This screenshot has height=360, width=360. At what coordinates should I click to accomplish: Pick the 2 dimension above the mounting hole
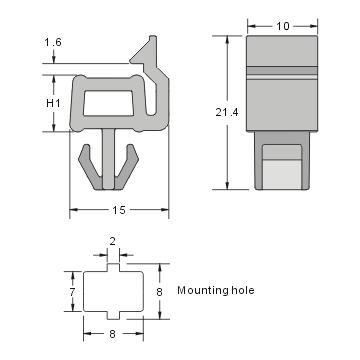(x=112, y=241)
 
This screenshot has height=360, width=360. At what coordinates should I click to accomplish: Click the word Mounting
(x=202, y=290)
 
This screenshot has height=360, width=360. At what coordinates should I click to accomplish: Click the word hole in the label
(x=243, y=290)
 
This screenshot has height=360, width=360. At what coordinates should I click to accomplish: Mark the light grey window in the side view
(x=285, y=166)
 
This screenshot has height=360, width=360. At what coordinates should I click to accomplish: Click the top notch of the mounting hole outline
(x=112, y=269)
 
